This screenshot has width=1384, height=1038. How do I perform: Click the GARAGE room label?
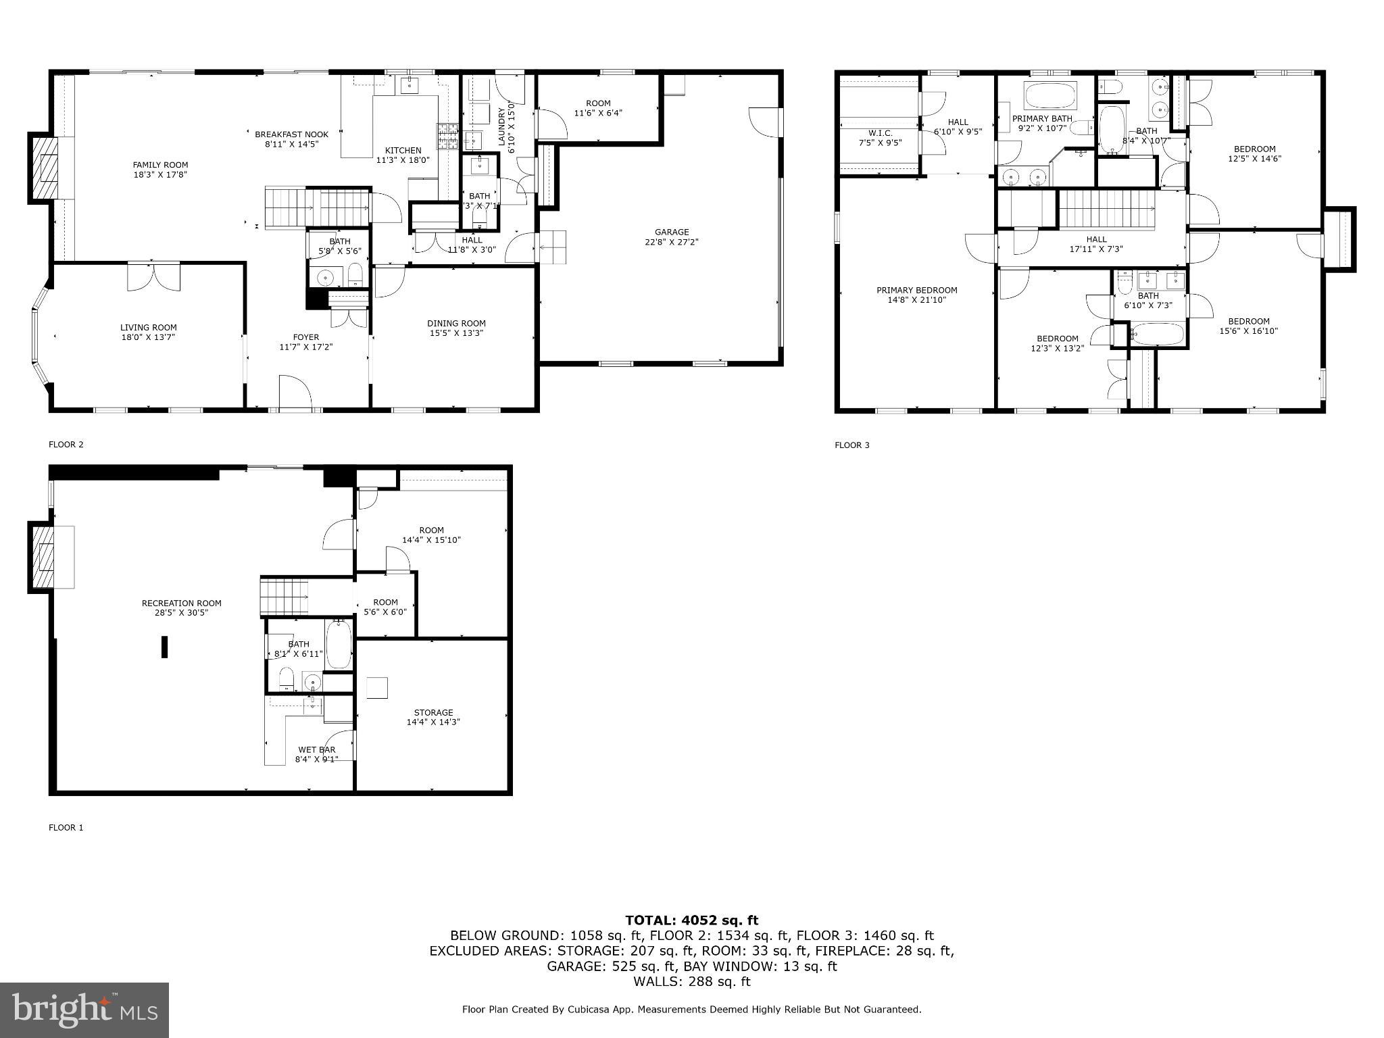coord(671,232)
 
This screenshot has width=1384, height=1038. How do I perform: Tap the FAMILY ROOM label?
coord(160,165)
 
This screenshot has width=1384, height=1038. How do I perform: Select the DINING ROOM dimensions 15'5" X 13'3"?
coord(456,333)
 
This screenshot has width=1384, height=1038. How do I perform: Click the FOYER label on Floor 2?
coord(305,337)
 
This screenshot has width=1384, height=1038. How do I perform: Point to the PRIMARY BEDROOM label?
coord(916,290)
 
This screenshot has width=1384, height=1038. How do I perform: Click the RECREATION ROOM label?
coord(181,603)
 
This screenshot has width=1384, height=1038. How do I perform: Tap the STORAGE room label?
coord(433,712)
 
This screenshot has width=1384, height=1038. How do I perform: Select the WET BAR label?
coord(316,749)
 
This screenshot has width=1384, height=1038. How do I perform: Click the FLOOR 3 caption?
coord(852,445)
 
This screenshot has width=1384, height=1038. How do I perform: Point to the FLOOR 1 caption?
coord(66,827)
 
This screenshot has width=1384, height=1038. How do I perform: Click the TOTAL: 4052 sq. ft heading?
coord(691,920)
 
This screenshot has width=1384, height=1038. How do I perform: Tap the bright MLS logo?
coord(84,1010)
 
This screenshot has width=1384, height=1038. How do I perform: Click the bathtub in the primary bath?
coord(1050,96)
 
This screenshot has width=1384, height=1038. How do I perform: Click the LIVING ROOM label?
coord(148,328)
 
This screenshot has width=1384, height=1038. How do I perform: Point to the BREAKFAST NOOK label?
coord(291,134)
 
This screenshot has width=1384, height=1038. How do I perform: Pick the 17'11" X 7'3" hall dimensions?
coord(1096,249)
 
